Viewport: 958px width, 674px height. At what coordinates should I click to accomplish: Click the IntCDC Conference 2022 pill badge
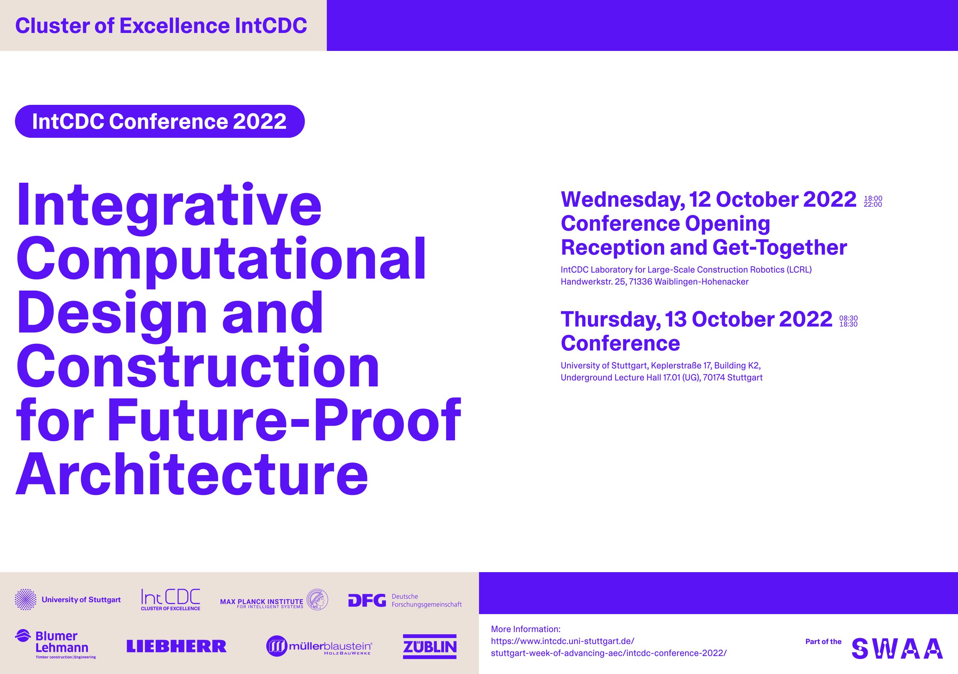click(x=160, y=121)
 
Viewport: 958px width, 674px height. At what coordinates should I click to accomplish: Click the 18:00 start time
click(x=873, y=198)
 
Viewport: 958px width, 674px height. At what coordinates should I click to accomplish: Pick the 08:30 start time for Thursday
click(x=848, y=318)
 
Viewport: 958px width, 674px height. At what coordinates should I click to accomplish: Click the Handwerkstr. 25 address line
click(x=655, y=282)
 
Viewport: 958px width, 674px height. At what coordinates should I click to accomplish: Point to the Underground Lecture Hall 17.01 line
click(x=662, y=377)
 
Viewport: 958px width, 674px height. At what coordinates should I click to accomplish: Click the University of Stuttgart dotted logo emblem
click(x=25, y=599)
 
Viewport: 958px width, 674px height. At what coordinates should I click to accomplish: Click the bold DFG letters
click(x=367, y=601)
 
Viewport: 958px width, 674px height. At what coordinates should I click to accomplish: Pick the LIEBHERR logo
click(x=177, y=646)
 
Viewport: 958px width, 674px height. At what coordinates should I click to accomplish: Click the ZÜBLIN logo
click(x=430, y=646)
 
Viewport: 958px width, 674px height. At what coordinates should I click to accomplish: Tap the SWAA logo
click(x=897, y=649)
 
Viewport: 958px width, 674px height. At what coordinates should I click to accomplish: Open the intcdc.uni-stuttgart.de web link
click(x=609, y=647)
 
